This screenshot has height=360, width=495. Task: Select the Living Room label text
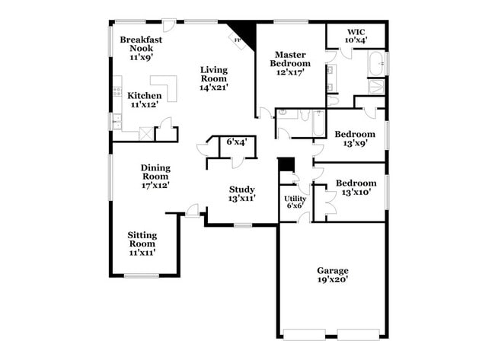214,78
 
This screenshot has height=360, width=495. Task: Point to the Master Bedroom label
290,64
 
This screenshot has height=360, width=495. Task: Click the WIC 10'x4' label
356,35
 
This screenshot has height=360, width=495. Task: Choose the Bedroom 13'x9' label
355,139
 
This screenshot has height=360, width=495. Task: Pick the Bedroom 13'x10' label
356,188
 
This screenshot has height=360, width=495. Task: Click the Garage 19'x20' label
333,275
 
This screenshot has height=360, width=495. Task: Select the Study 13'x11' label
242,194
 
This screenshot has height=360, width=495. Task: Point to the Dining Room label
155,176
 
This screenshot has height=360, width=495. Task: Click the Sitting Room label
142,244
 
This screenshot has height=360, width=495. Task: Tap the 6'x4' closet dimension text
236,142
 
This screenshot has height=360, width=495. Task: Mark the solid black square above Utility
286,165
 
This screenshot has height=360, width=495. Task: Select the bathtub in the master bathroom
376,64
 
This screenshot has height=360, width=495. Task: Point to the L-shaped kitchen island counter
166,87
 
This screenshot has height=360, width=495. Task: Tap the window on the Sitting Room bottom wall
141,276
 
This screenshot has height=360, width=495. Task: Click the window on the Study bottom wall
242,225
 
